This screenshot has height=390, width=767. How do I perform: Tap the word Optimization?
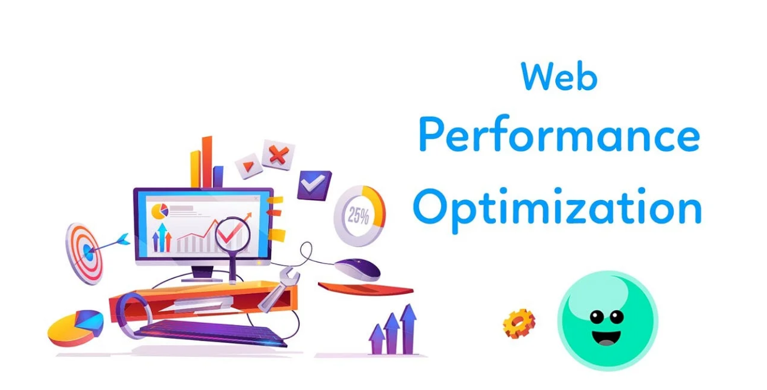click(557, 208)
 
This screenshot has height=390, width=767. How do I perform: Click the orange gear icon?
click(519, 323)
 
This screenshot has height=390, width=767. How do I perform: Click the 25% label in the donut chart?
click(358, 216)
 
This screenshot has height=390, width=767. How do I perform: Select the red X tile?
click(278, 154)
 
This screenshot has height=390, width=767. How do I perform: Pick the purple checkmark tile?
click(314, 185)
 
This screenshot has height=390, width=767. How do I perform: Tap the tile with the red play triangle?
click(248, 167)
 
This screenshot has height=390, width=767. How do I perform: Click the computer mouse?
click(358, 268)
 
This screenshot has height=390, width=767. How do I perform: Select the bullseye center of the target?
click(87, 251)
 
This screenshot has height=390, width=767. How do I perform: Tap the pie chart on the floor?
click(76, 327)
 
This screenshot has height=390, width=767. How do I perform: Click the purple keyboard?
click(213, 333)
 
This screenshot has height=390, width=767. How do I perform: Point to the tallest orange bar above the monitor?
click(207, 161)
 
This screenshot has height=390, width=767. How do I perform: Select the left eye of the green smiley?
click(596, 316)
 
